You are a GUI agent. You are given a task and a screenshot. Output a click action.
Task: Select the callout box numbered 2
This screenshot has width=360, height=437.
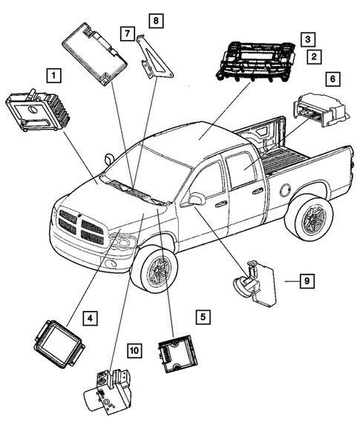[x=315, y=56]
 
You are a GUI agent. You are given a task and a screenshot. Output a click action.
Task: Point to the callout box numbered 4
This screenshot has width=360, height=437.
[x=88, y=319]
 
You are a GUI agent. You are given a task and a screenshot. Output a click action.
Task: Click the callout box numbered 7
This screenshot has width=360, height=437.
[x=128, y=34]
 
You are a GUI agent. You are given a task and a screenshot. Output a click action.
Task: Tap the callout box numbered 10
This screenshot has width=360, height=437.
[x=134, y=349]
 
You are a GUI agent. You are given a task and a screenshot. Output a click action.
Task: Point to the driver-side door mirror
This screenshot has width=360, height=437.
[x=197, y=199]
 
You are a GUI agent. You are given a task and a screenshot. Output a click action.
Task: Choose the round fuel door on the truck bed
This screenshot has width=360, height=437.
[x=284, y=190]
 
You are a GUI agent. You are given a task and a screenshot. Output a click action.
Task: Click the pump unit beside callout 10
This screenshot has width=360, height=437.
[x=104, y=387]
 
